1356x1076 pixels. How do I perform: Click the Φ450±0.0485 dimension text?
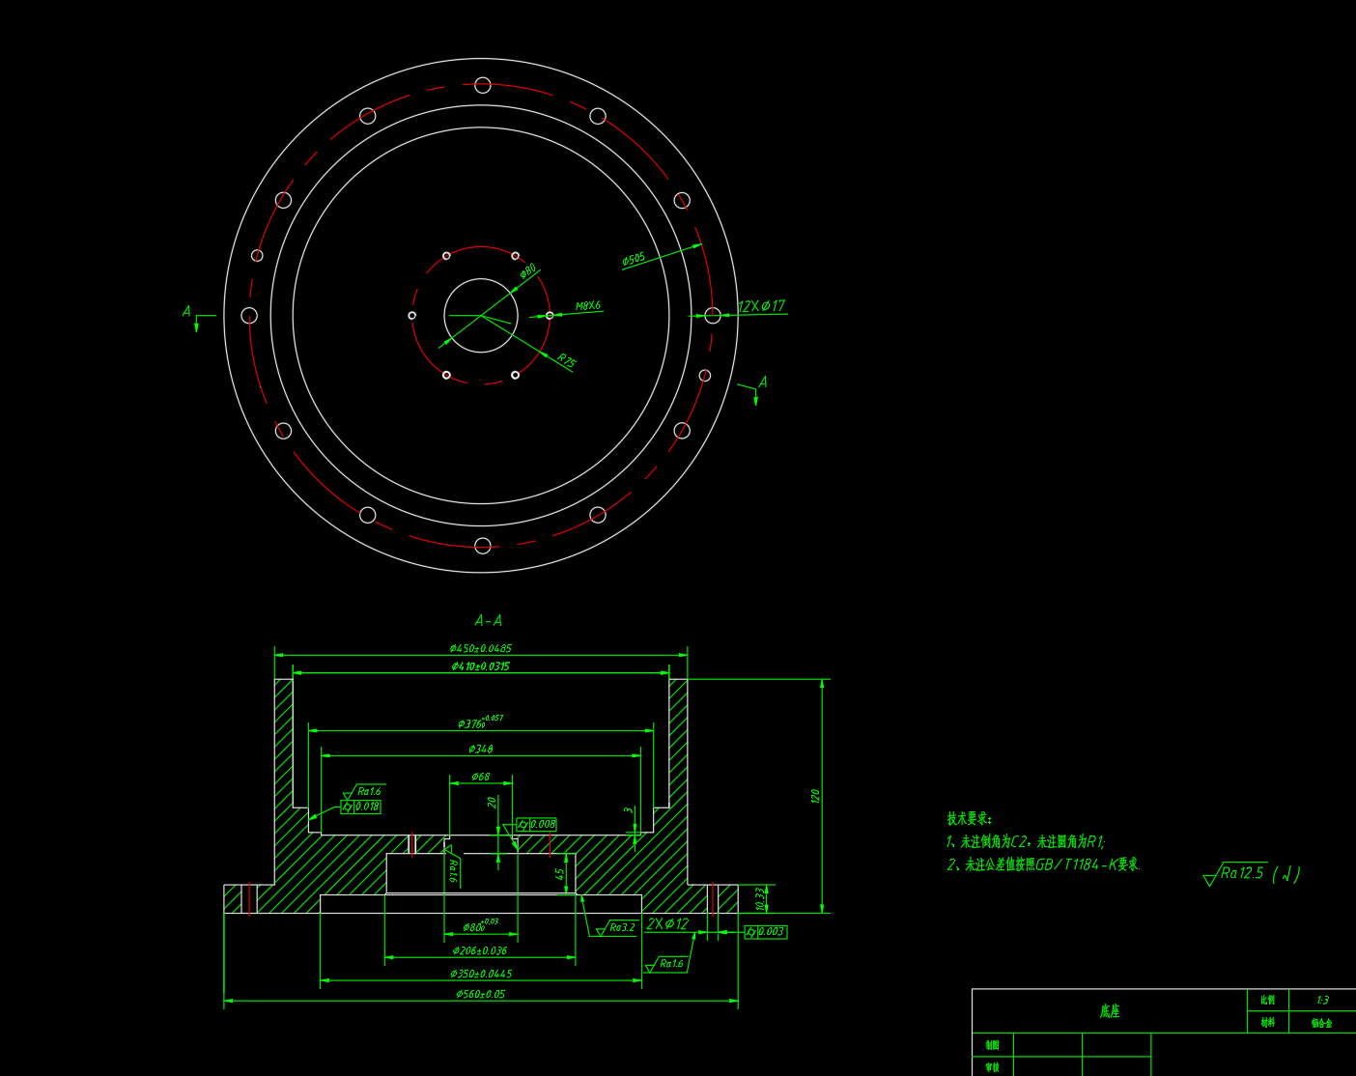[x=480, y=649]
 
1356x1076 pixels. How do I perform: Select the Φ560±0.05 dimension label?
[x=480, y=994]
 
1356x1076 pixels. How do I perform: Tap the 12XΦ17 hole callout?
[x=761, y=306]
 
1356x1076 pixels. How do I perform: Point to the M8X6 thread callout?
[x=588, y=306]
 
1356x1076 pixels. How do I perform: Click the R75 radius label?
[x=566, y=361]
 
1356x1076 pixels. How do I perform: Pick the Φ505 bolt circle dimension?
[x=634, y=260]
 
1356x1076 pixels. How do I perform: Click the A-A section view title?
[x=488, y=620]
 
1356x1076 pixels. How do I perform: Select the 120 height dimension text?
[x=815, y=796]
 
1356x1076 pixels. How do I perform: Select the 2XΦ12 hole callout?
[x=667, y=924]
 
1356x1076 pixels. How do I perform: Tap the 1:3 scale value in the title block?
[x=1322, y=1000]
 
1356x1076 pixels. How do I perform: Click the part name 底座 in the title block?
[x=1109, y=1011]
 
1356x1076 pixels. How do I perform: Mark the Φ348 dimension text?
[x=480, y=750]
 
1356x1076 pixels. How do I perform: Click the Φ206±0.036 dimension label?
[x=480, y=951]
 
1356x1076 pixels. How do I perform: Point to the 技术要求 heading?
[x=969, y=819]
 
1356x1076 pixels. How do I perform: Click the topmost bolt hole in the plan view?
[x=483, y=85]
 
